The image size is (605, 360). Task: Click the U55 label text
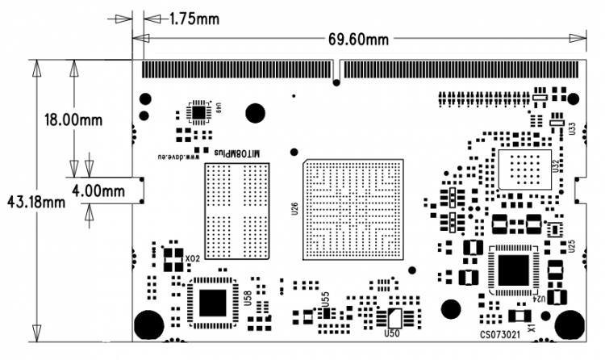(325, 299)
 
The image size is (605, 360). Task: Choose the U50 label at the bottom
(393, 333)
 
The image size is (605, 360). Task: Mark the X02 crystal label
(192, 259)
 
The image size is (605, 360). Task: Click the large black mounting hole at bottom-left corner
(148, 324)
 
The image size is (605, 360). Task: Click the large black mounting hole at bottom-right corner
(570, 324)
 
